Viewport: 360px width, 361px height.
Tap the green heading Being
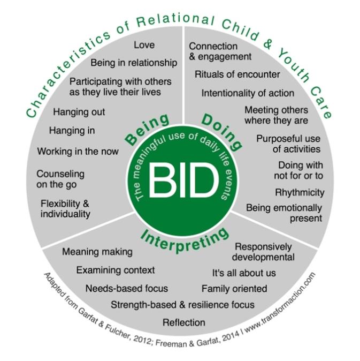pyautogui.click(x=147, y=129)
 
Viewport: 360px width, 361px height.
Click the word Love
pyautogui.click(x=144, y=45)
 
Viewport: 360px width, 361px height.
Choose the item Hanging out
pyautogui.click(x=79, y=112)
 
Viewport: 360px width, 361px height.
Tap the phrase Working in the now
pyautogui.click(x=78, y=151)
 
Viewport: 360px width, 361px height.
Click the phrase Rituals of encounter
pyautogui.click(x=237, y=74)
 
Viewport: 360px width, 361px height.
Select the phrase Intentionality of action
pyautogui.click(x=248, y=93)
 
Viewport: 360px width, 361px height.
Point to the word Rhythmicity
pyautogui.click(x=300, y=192)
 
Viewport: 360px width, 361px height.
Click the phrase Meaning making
pyautogui.click(x=97, y=251)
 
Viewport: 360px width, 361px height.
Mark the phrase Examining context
pyautogui.click(x=115, y=270)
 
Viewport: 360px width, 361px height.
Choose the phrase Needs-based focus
pyautogui.click(x=127, y=288)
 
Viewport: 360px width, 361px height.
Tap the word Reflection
pyautogui.click(x=184, y=322)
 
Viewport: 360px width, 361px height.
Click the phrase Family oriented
pyautogui.click(x=234, y=289)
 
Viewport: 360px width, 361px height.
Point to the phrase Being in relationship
pyautogui.click(x=133, y=63)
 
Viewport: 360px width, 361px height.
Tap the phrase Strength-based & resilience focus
pyautogui.click(x=182, y=305)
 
